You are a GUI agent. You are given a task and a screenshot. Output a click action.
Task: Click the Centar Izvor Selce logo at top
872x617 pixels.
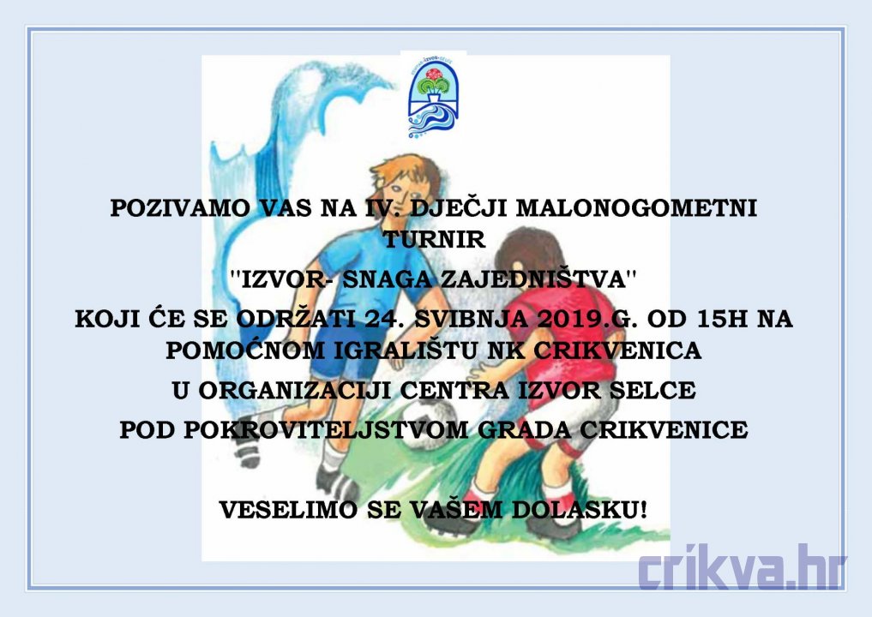pos(433,95)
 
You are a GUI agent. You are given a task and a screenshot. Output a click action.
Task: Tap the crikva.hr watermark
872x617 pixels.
pos(742,567)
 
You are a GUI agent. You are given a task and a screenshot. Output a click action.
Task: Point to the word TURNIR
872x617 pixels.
pos(435,240)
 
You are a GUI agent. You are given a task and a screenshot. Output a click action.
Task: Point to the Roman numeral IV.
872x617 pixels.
pos(376,208)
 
